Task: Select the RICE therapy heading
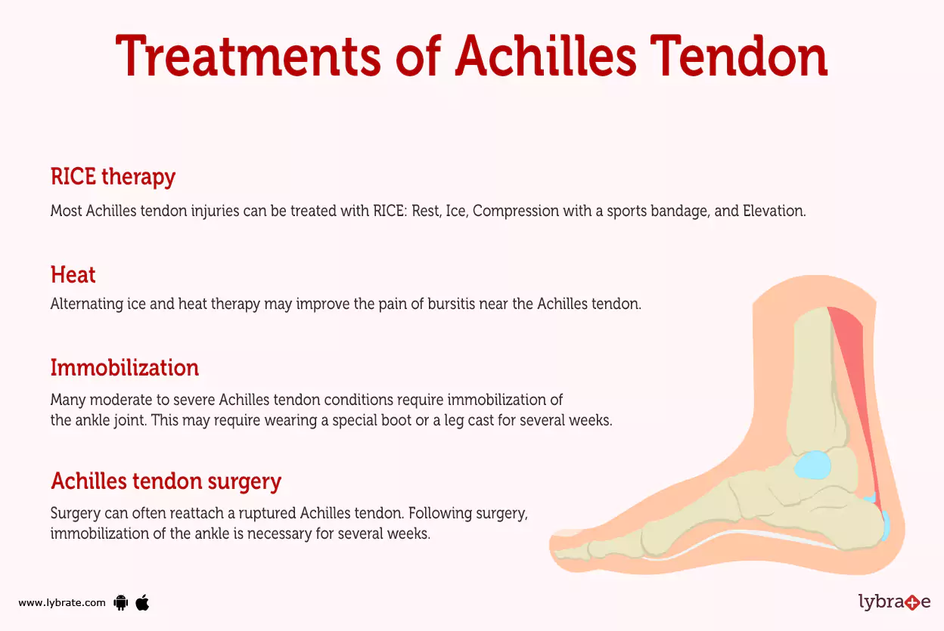click(x=113, y=177)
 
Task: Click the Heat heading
click(x=73, y=274)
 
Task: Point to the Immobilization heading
click(x=124, y=368)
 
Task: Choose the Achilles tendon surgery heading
click(x=166, y=481)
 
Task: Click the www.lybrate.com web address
click(x=62, y=603)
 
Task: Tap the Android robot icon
click(x=120, y=602)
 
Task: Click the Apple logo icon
click(x=142, y=602)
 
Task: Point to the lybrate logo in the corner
click(x=894, y=602)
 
